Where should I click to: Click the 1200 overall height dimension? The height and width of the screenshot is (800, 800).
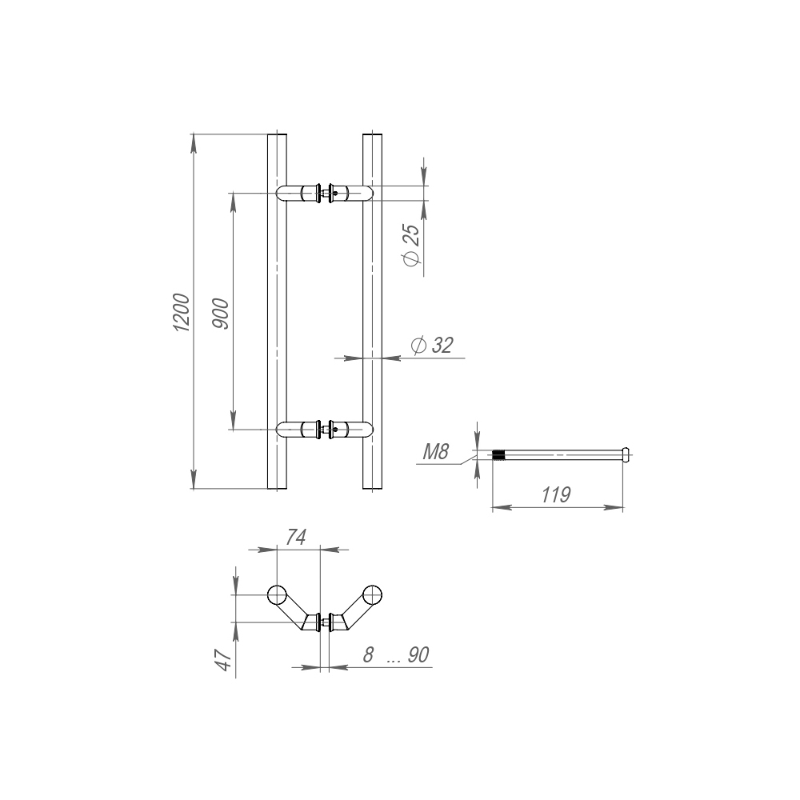(182, 312)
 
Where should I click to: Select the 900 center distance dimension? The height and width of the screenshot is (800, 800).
(221, 314)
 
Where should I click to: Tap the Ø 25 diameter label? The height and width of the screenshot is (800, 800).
(412, 245)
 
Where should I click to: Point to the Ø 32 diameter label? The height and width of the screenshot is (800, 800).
(432, 346)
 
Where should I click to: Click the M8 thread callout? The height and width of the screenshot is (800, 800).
(436, 452)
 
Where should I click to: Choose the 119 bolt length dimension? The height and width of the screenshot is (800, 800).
(556, 495)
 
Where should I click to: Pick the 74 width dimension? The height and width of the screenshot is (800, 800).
(296, 538)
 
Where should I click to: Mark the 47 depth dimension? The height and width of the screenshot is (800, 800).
(223, 660)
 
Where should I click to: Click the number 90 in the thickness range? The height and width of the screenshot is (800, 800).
(418, 654)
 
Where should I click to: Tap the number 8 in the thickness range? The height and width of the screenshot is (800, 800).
(368, 654)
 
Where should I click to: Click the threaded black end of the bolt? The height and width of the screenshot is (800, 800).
(498, 454)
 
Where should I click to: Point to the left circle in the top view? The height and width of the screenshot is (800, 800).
(277, 595)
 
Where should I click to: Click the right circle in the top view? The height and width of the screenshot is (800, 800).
(372, 595)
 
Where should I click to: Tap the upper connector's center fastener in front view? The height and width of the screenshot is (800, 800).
(325, 193)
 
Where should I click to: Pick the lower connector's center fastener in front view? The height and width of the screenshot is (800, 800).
(325, 430)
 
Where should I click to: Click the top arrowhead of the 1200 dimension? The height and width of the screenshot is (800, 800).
(194, 143)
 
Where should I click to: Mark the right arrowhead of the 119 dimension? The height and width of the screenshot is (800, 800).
(614, 508)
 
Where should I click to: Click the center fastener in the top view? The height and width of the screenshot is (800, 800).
(325, 622)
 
